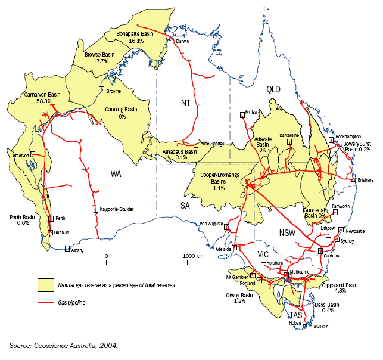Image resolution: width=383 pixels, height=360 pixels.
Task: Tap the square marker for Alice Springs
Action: pyautogui.click(x=196, y=144)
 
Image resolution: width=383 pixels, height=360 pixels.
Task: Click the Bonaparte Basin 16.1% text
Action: pyautogui.click(x=136, y=37)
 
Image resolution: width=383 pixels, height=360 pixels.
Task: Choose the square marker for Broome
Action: pyautogui.click(x=101, y=89)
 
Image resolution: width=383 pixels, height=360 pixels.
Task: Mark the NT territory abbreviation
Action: pyautogui.click(x=187, y=104)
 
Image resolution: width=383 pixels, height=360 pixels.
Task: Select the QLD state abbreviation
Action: pyautogui.click(x=273, y=89)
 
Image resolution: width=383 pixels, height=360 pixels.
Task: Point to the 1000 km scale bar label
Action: pyautogui.click(x=193, y=255)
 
